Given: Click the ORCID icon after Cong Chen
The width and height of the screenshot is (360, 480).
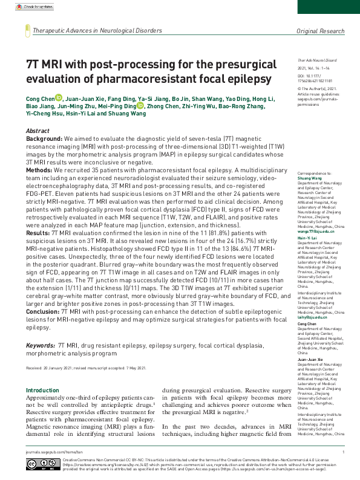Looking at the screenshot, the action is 59,97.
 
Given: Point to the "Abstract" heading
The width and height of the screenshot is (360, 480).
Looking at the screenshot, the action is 38,131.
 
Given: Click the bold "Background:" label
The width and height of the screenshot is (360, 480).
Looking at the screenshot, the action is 45,139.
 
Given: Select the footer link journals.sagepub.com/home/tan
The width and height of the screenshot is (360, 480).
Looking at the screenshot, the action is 49,451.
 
